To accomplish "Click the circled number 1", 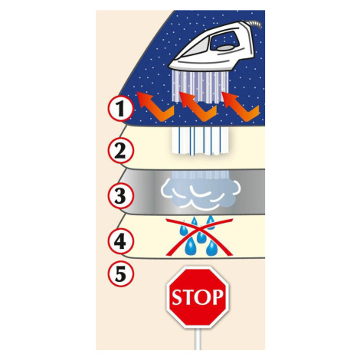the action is (x=120, y=109).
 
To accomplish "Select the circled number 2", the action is (x=120, y=151).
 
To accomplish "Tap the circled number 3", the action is (x=120, y=196).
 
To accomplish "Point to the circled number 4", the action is (x=120, y=241).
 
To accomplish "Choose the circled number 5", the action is (x=120, y=273).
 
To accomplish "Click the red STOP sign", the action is (x=198, y=297).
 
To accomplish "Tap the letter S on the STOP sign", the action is (x=177, y=297).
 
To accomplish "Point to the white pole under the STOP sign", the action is (x=198, y=339).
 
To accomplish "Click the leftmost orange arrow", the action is (x=155, y=108).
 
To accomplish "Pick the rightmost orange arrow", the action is (x=241, y=108).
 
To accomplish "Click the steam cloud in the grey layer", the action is (x=201, y=193).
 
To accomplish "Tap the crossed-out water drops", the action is (x=199, y=236).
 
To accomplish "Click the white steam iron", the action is (x=214, y=48).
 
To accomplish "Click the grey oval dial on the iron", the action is (x=225, y=47).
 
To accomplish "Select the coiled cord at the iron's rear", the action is (x=255, y=25).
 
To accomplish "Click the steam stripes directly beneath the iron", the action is (x=201, y=87).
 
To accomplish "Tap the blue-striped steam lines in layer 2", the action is (x=201, y=140).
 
